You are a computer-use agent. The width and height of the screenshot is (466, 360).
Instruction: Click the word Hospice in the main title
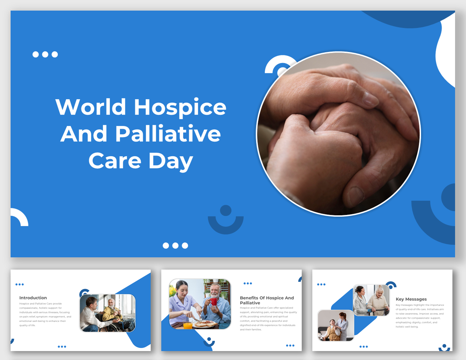[180, 107]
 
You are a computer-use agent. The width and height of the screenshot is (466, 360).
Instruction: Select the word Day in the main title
[171, 161]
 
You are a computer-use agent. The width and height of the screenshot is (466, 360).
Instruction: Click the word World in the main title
[90, 107]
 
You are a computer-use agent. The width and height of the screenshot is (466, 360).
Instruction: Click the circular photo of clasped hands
[338, 134]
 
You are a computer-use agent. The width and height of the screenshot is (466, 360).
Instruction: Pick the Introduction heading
[33, 298]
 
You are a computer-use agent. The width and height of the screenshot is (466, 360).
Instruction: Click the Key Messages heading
[411, 299]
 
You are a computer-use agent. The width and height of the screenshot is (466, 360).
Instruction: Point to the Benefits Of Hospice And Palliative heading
[267, 300]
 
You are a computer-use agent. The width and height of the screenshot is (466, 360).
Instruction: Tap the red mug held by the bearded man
[214, 302]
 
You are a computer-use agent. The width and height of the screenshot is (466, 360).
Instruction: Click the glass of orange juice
[187, 325]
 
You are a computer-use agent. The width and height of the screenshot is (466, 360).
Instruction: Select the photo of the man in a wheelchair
[108, 313]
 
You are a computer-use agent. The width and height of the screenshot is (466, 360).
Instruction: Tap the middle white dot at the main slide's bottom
[176, 245]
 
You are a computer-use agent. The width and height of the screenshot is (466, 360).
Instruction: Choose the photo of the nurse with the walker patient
[371, 300]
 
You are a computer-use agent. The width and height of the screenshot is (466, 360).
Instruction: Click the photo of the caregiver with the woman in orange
[336, 325]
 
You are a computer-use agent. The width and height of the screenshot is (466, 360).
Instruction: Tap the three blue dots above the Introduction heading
[20, 284]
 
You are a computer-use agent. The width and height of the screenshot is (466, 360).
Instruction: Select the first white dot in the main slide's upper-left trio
[36, 54]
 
